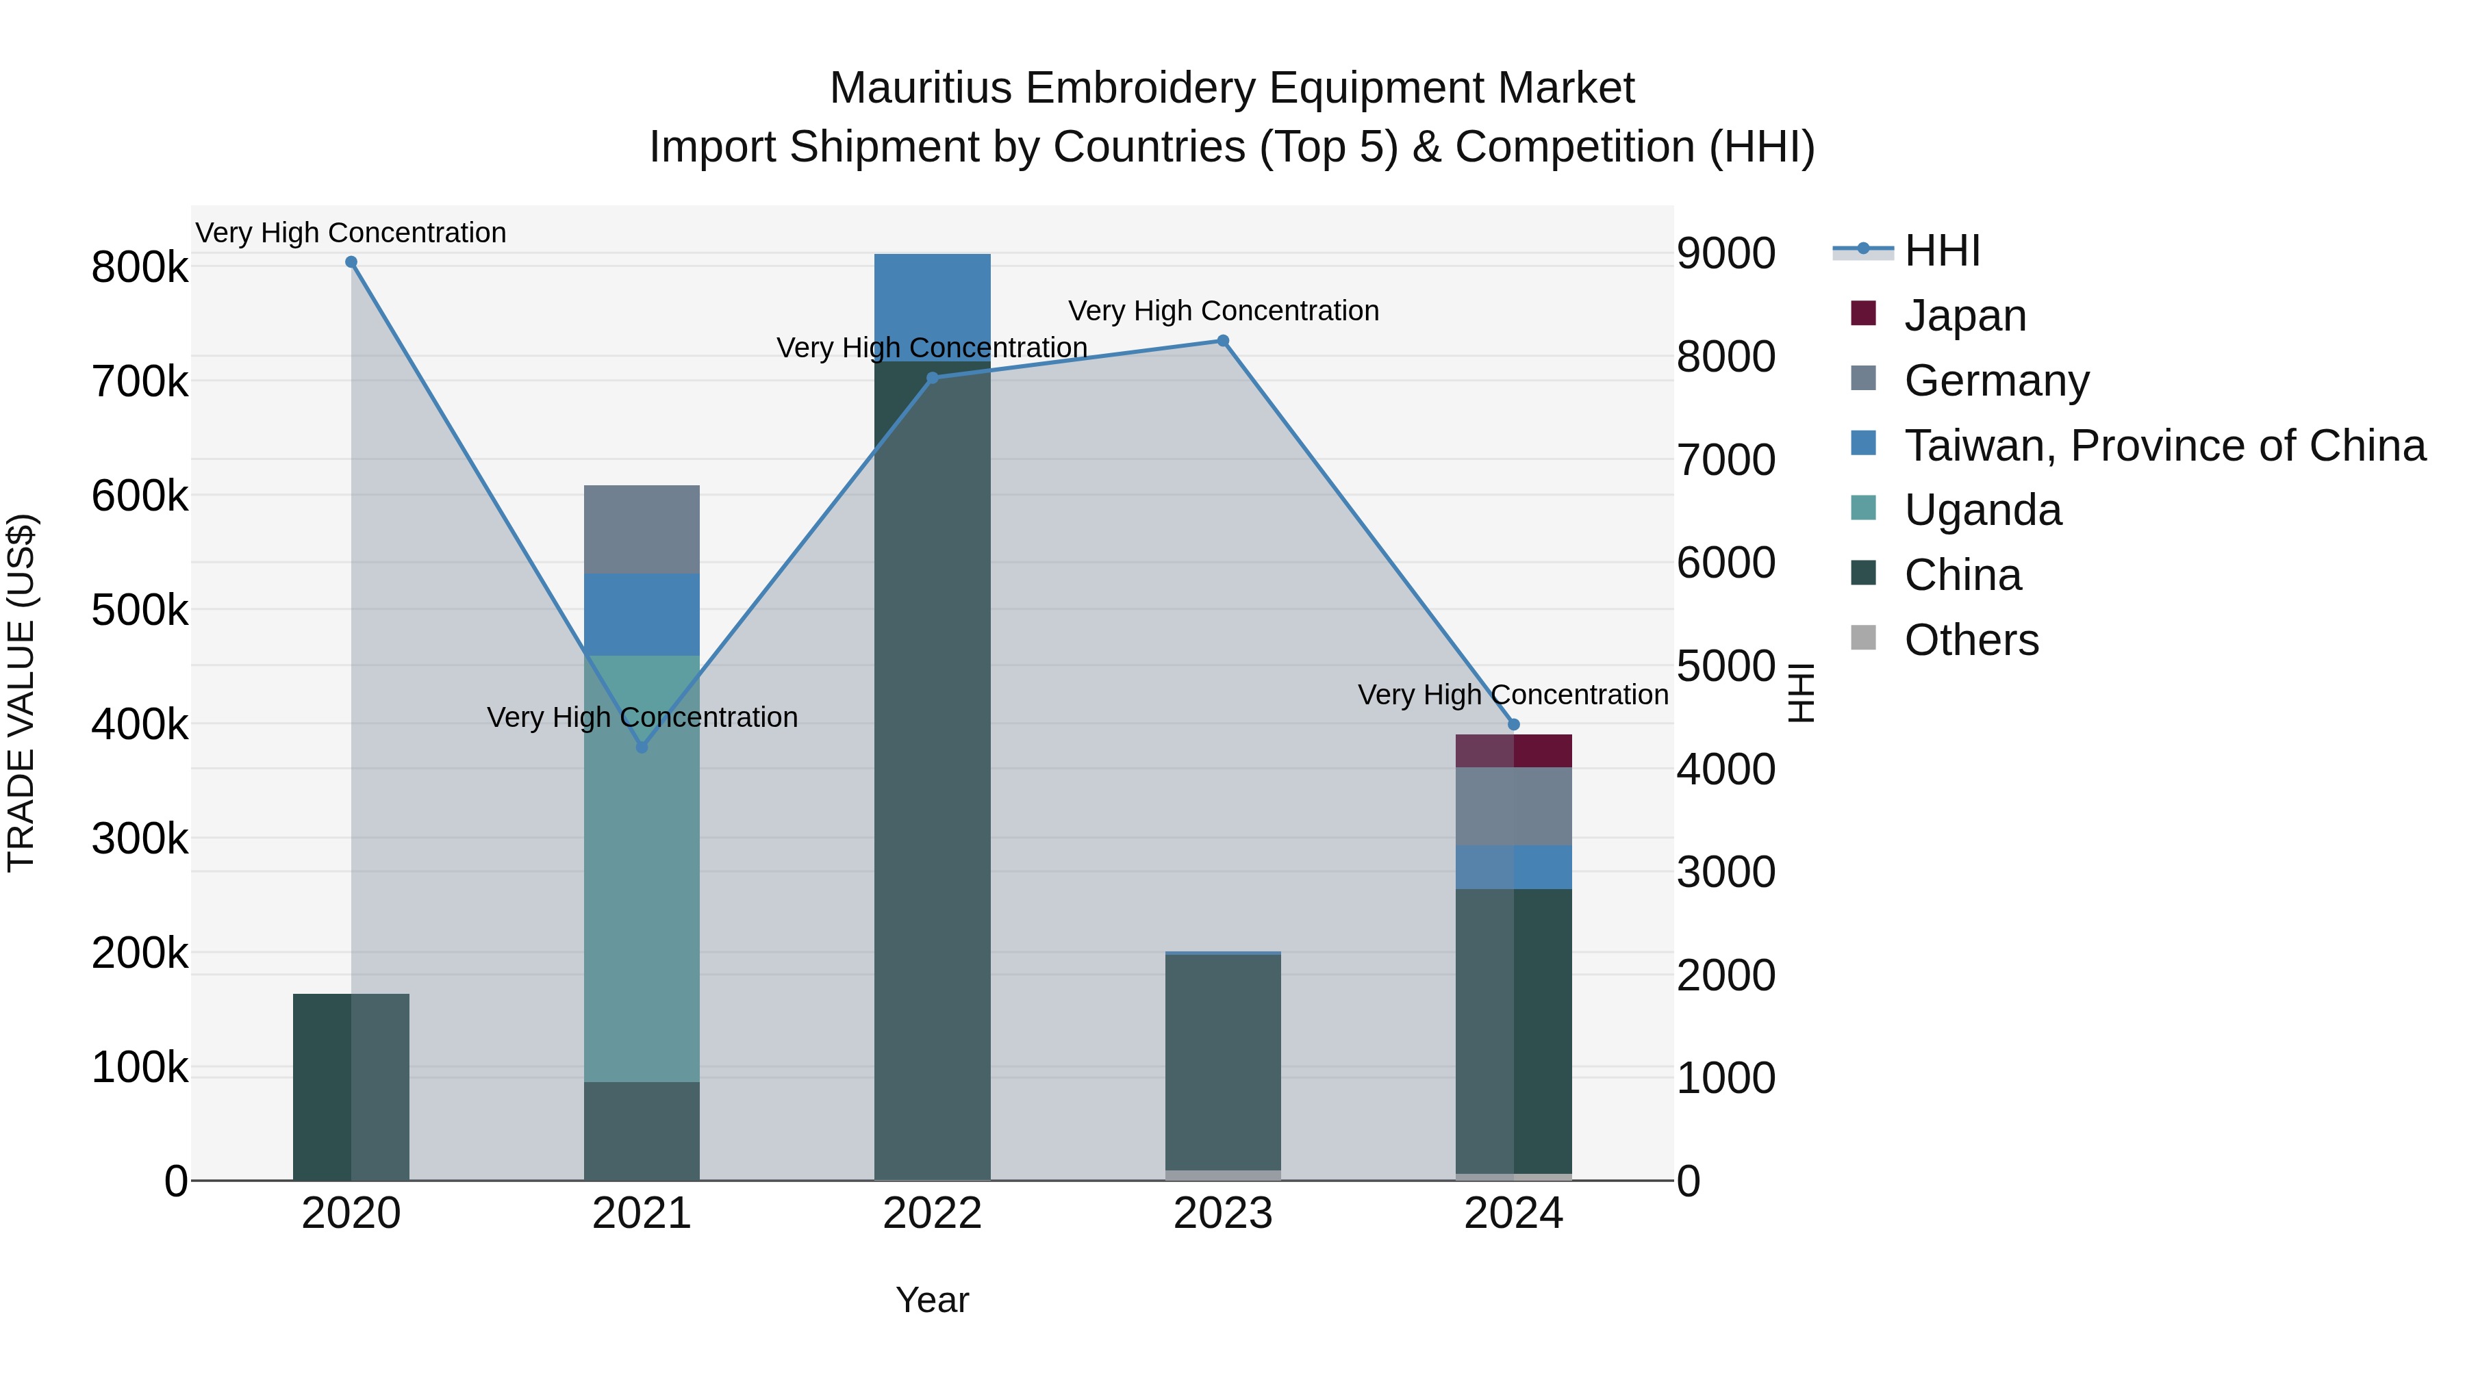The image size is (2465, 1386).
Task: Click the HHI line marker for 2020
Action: tap(351, 262)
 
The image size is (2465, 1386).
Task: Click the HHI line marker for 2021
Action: tap(642, 747)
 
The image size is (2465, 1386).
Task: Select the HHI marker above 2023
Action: tap(1223, 341)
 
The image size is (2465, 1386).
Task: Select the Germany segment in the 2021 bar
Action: tap(642, 529)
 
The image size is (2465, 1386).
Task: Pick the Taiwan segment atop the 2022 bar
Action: tap(933, 306)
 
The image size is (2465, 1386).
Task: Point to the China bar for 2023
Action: tap(1223, 1062)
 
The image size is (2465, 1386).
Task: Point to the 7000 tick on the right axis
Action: tap(1726, 460)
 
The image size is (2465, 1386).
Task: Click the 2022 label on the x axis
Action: tap(933, 1214)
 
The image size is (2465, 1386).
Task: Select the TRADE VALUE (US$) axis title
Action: tap(21, 693)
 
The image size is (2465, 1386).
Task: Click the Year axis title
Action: tap(933, 1300)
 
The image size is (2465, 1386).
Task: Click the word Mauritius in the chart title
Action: tap(920, 88)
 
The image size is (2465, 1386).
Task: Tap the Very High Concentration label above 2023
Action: tap(1223, 311)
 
